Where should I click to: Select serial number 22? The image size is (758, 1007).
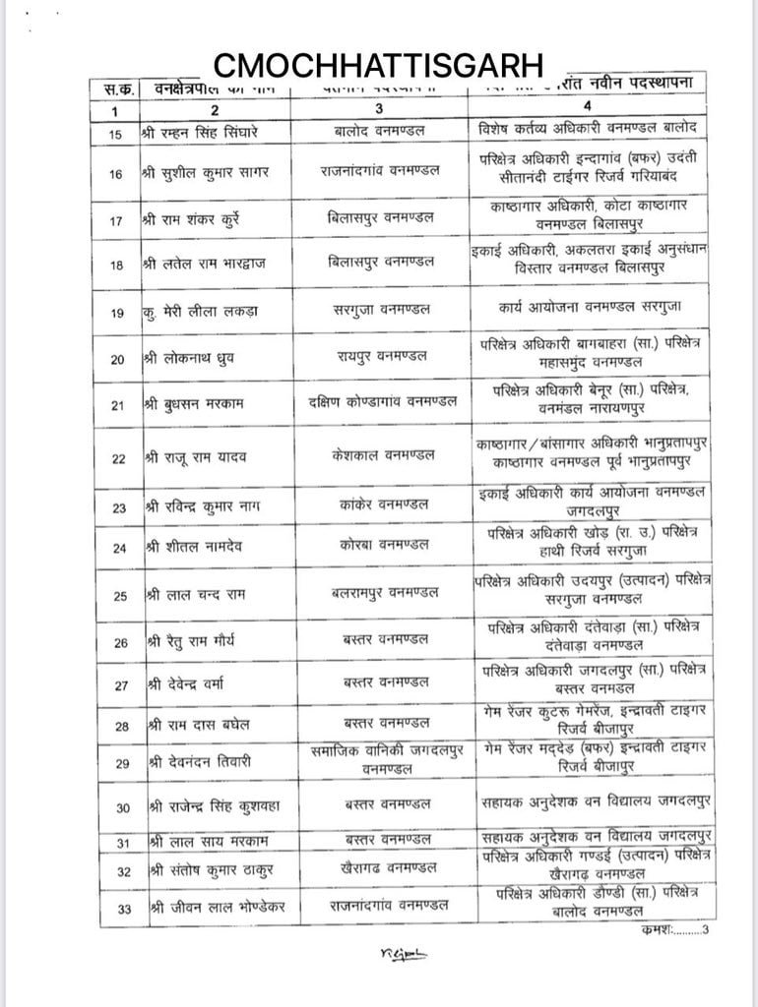click(x=118, y=458)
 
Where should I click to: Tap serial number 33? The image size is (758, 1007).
click(x=124, y=909)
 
